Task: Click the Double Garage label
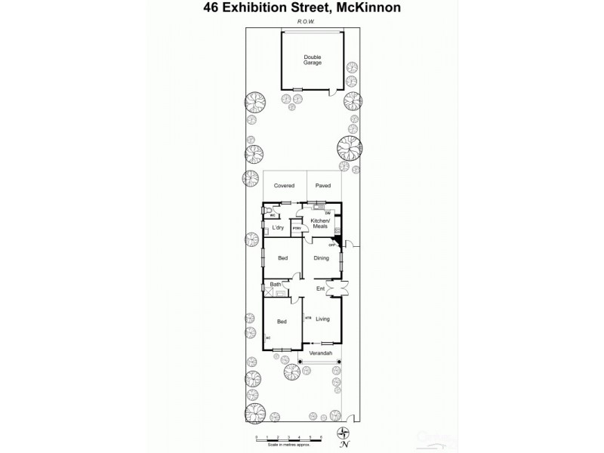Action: [312, 60]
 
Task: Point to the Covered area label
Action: [284, 185]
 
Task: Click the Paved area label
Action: [323, 185]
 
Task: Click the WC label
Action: [273, 214]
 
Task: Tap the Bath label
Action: [276, 284]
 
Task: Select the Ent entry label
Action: [321, 288]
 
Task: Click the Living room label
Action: [323, 319]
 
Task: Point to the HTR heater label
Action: [308, 319]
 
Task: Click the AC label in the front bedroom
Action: [267, 337]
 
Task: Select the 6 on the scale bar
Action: [321, 437]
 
